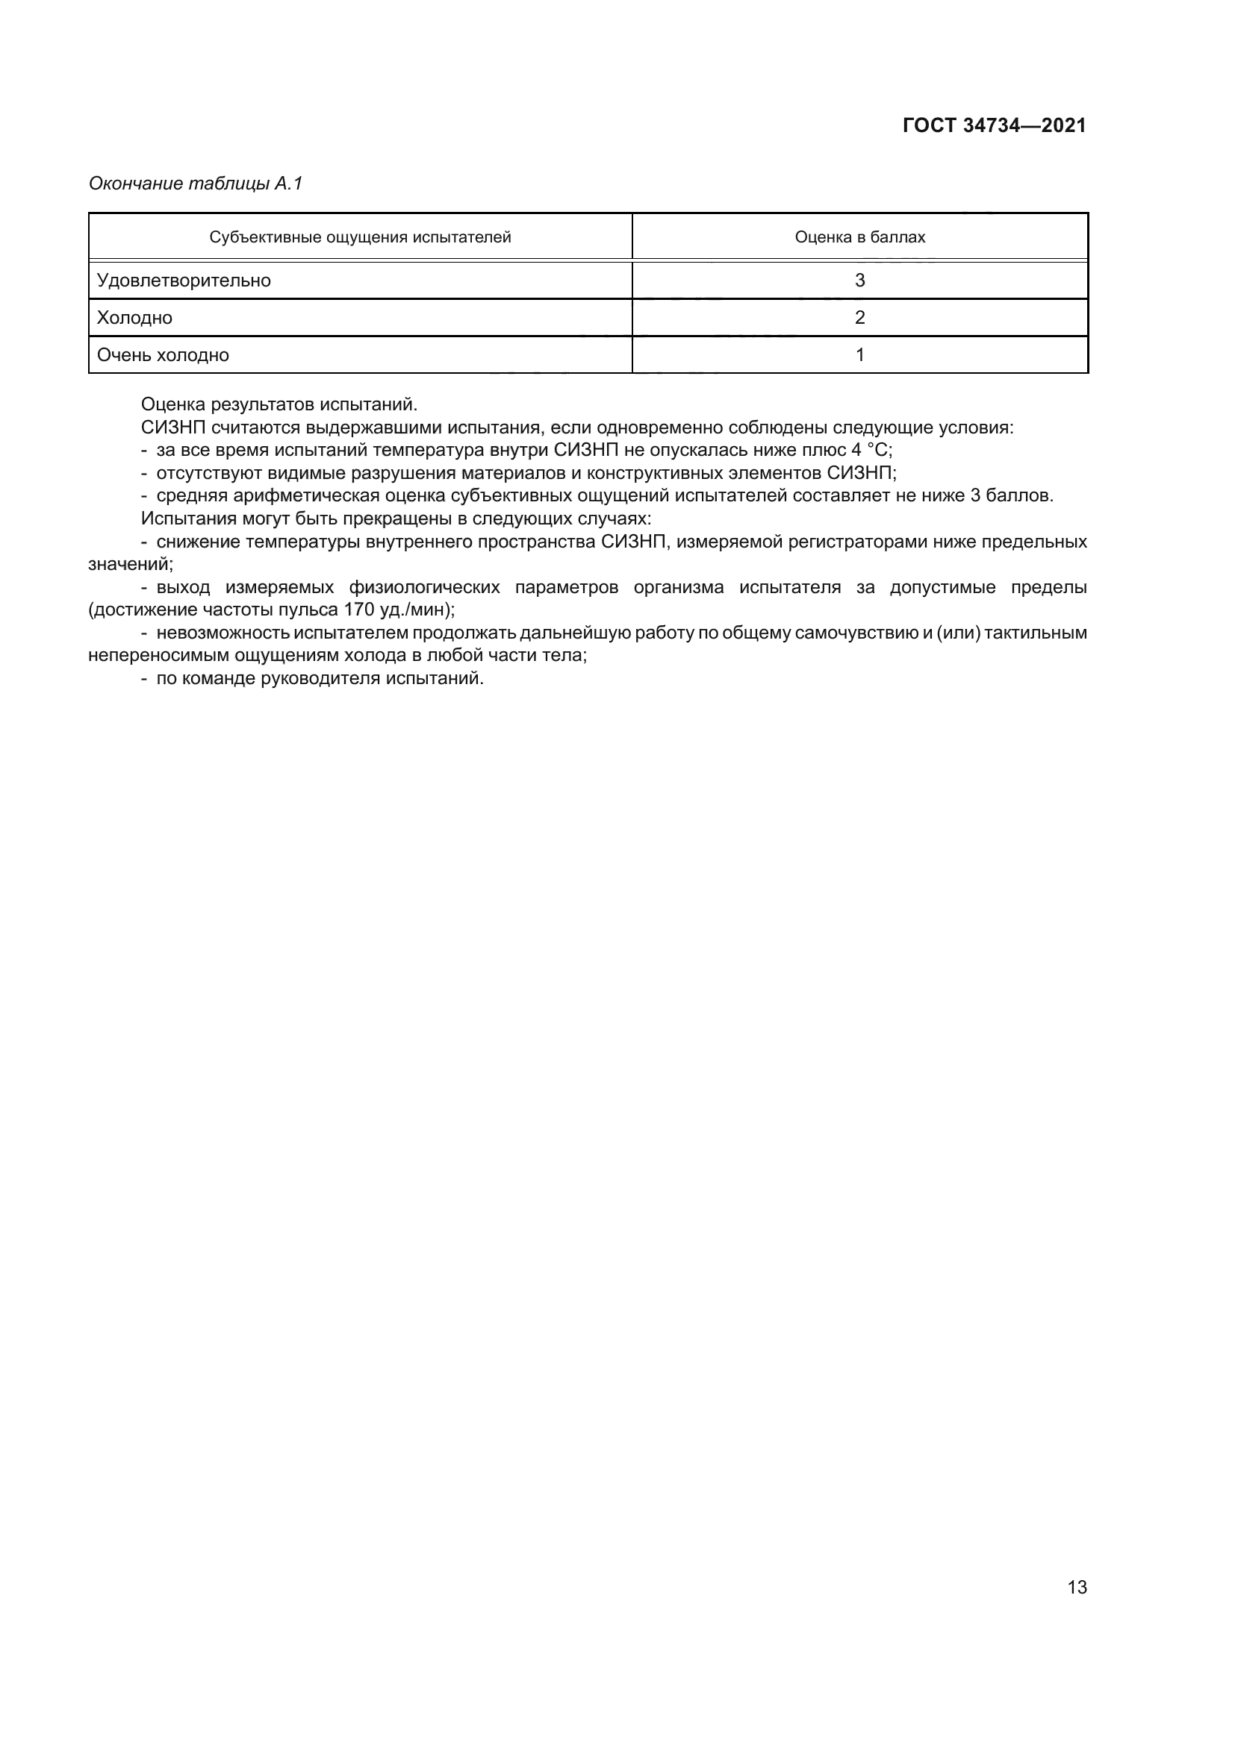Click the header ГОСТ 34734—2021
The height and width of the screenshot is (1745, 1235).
(x=994, y=125)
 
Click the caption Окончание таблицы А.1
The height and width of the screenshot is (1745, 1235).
(x=196, y=184)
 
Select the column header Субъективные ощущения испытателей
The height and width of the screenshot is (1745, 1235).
(x=360, y=237)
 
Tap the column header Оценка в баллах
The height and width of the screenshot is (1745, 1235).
(x=859, y=237)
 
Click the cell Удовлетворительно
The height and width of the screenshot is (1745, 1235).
(x=183, y=281)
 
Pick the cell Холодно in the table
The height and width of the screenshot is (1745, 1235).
(x=134, y=318)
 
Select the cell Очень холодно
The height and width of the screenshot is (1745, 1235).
(x=163, y=355)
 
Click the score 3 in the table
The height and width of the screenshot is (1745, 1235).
(x=859, y=281)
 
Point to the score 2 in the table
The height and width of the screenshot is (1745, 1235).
(x=859, y=318)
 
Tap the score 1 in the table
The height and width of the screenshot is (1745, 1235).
(x=859, y=355)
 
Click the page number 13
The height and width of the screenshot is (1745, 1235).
(x=1077, y=1587)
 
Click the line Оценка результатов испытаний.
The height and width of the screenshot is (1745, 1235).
(x=279, y=404)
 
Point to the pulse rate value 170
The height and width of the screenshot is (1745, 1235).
(x=359, y=610)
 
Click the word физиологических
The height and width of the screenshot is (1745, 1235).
(x=424, y=586)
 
